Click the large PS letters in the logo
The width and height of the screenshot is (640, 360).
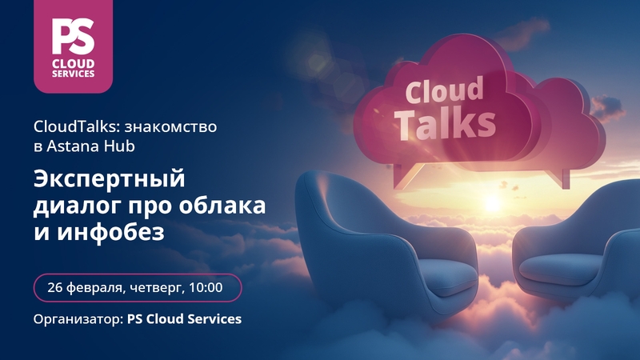coord(73,37)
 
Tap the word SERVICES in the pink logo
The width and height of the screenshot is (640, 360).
coord(74,74)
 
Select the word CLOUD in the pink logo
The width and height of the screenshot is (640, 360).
coord(74,64)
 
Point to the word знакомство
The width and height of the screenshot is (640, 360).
coord(170,127)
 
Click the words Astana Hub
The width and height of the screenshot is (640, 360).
coord(90,146)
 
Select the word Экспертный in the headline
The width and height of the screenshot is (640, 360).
coord(110,179)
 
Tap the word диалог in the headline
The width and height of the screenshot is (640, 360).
coord(78,206)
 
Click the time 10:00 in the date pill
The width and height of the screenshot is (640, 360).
coord(206,287)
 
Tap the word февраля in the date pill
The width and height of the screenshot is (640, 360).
coord(96,288)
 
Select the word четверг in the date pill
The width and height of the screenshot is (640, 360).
coord(157,288)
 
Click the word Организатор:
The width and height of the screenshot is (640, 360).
coord(78,319)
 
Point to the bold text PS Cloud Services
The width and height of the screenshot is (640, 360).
coord(185,318)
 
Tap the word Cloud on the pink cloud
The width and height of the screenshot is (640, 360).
coord(444,90)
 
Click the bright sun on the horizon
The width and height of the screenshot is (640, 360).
coord(492,203)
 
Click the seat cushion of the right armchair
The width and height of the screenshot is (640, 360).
coord(561,269)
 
